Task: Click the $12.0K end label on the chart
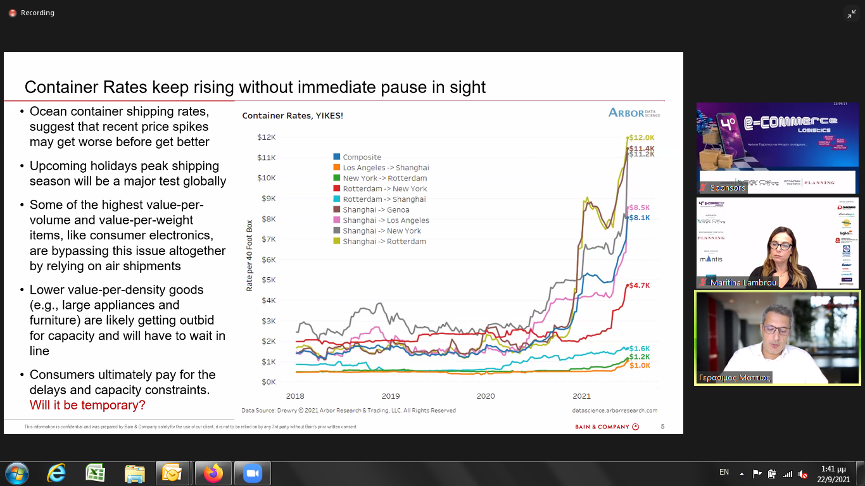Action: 641,137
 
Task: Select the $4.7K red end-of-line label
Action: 640,285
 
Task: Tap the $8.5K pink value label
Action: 640,208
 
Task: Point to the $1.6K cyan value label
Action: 640,349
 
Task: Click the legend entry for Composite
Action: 362,157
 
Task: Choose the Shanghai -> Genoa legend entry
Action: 376,209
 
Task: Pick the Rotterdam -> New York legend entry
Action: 384,189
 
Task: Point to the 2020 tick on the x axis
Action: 486,396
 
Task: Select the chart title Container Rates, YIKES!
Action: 293,116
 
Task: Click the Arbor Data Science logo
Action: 634,113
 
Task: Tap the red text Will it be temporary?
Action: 87,405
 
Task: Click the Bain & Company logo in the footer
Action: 607,427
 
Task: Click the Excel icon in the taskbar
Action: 95,473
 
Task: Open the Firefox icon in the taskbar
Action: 213,473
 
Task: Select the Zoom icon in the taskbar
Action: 253,473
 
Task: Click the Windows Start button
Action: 16,473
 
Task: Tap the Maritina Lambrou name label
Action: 743,282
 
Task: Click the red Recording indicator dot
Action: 12,13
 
